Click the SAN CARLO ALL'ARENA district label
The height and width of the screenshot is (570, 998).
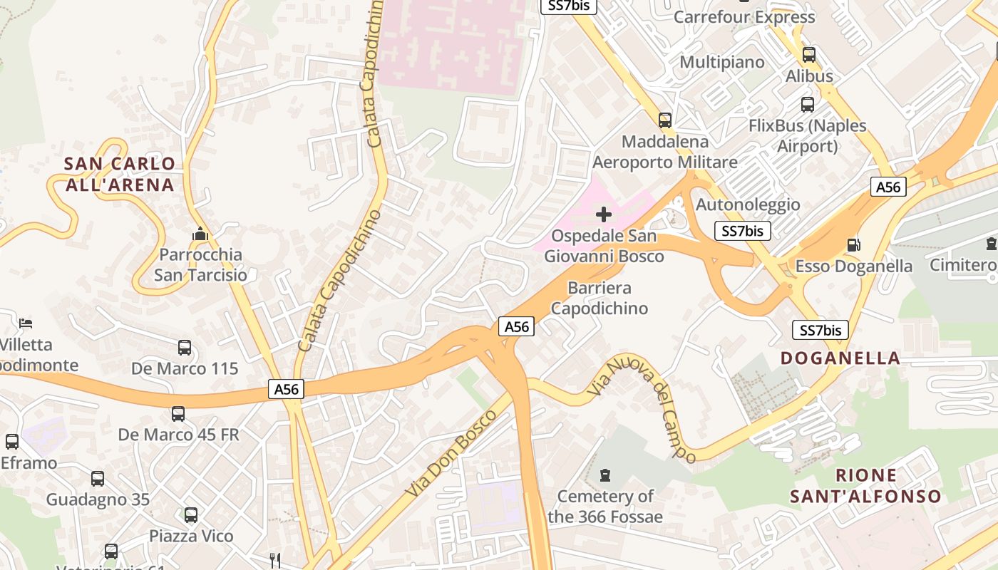[x=119, y=174]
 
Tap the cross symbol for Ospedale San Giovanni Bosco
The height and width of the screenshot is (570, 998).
[x=604, y=214]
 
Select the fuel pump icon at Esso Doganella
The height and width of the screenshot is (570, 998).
[x=853, y=245]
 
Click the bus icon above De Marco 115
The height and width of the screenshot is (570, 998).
[x=185, y=348]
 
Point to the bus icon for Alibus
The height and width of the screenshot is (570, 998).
[x=809, y=55]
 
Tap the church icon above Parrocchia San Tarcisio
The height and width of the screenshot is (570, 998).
[x=200, y=234]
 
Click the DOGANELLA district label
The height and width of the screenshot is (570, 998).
[x=840, y=358]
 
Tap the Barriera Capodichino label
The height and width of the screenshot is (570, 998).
[x=600, y=298]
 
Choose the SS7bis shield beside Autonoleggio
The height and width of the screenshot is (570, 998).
[x=742, y=230]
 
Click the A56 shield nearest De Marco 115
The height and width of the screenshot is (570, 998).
[x=287, y=389]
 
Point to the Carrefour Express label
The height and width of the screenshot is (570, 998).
[x=744, y=17]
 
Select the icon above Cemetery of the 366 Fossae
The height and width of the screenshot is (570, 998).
[x=605, y=475]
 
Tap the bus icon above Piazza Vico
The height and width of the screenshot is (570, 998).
[x=191, y=515]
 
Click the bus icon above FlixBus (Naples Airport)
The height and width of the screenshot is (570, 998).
[x=808, y=105]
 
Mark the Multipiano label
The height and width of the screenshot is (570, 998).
[x=721, y=62]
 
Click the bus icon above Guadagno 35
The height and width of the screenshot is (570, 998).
[x=98, y=479]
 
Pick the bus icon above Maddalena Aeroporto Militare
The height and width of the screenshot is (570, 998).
[x=665, y=120]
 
